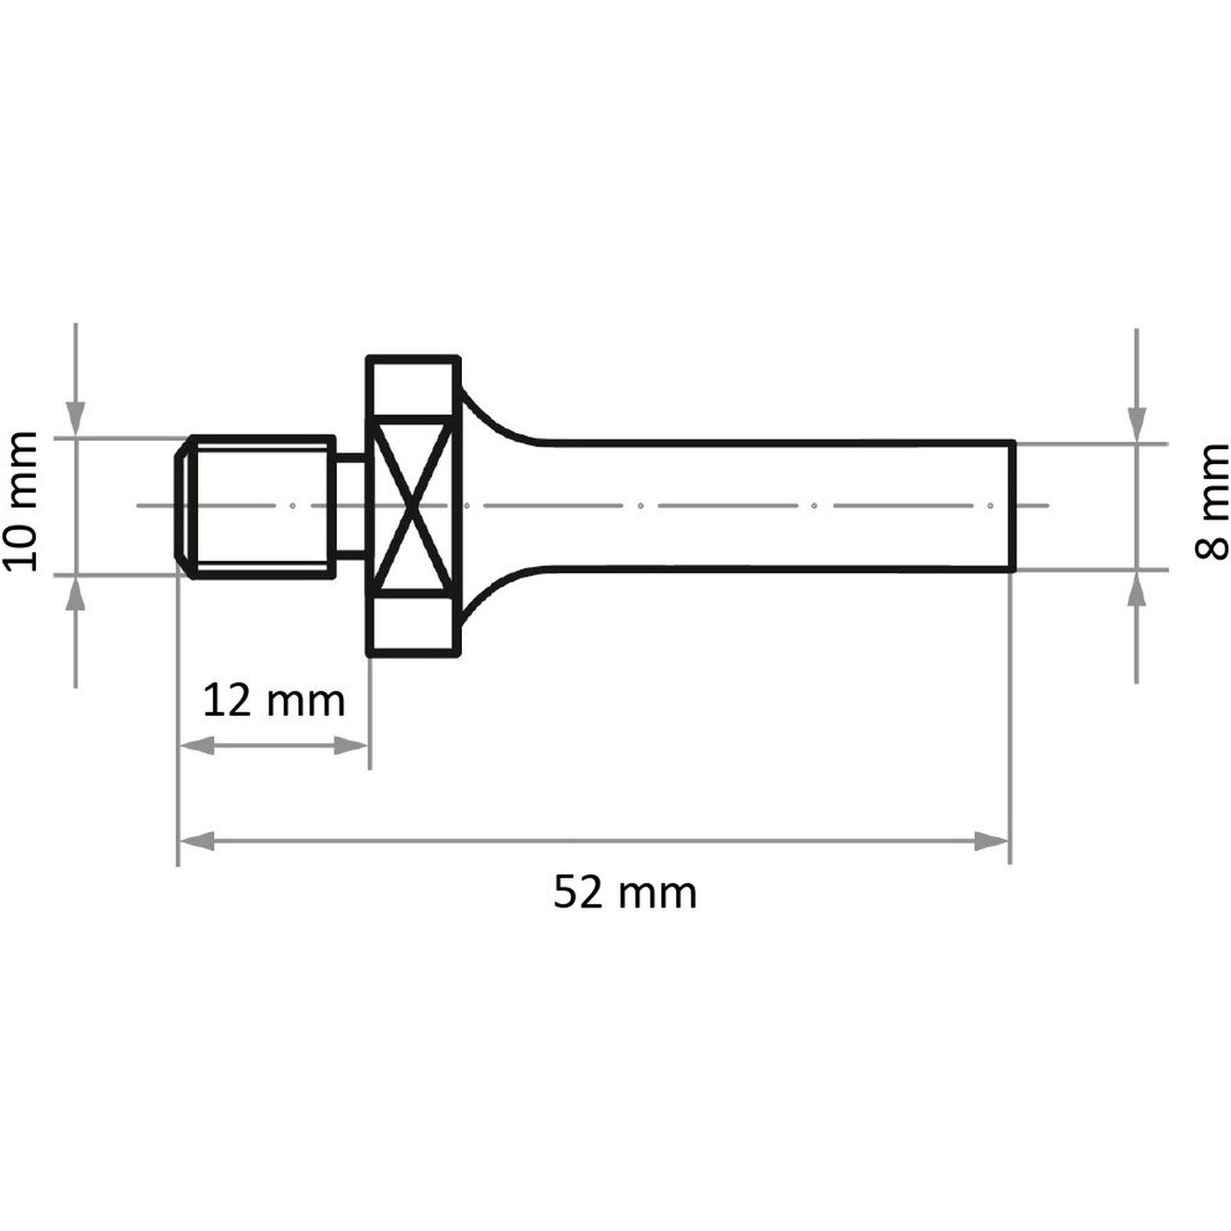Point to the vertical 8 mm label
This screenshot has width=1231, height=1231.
[x=1211, y=502]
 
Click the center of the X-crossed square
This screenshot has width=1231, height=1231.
[x=414, y=507]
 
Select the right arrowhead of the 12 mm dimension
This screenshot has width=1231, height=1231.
[x=350, y=746]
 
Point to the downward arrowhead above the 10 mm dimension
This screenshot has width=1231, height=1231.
[x=76, y=420]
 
